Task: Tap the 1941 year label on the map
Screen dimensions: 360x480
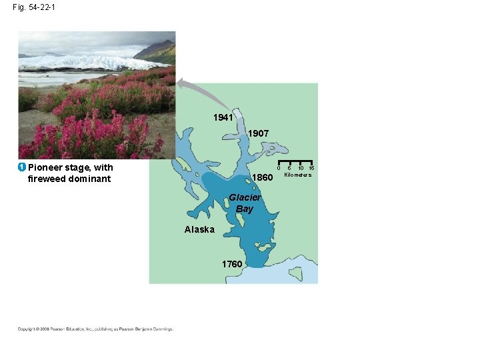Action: pos(223,117)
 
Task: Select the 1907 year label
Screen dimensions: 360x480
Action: pos(258,133)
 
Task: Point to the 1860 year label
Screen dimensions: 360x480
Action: pos(263,178)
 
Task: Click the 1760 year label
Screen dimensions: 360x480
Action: pos(232,264)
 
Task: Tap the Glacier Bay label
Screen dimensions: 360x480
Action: pos(245,203)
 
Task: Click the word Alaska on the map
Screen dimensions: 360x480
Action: pos(199,229)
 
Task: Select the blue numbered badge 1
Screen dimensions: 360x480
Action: pos(22,167)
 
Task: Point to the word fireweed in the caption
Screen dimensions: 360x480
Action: pos(48,179)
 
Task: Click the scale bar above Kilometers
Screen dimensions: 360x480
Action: pos(295,163)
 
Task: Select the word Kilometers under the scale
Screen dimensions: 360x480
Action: pos(298,175)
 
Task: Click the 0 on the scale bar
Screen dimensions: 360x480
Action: pos(279,168)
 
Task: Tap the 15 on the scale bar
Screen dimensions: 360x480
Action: pos(311,168)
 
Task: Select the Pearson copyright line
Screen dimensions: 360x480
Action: pos(95,329)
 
